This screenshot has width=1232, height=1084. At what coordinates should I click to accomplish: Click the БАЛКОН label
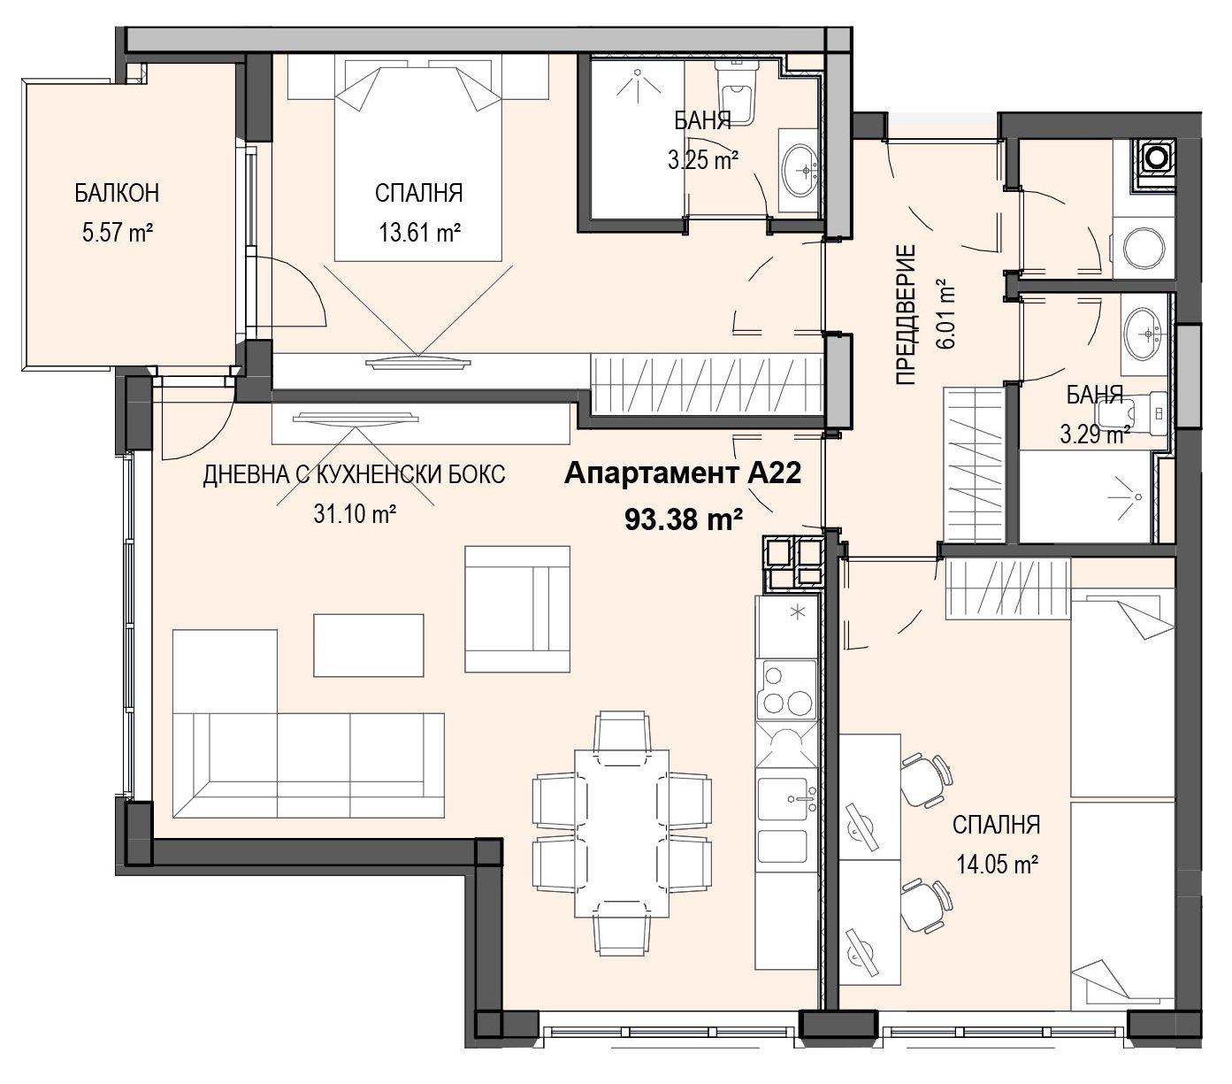117,193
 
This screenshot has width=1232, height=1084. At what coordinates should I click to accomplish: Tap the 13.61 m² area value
419,233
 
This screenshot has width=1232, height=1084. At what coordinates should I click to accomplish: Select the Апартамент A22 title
682,473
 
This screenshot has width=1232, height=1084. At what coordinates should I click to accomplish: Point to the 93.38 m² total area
684,519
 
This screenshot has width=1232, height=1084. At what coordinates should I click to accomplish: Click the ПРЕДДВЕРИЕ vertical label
906,315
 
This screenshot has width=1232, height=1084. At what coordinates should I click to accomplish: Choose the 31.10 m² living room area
355,514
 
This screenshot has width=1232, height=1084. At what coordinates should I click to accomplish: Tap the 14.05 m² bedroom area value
997,864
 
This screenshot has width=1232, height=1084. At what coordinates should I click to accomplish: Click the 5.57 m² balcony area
117,233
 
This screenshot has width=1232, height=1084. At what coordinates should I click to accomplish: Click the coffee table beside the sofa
369,645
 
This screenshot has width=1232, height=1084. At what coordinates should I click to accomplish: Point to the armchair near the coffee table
517,610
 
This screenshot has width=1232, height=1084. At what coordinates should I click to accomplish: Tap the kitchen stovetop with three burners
785,691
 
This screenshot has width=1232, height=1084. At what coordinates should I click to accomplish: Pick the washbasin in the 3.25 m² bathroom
799,171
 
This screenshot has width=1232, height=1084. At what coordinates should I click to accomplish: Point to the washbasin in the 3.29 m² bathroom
1144,334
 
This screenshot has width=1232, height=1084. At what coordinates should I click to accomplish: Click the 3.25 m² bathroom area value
703,160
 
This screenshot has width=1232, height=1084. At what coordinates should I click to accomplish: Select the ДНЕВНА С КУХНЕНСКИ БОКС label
354,474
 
